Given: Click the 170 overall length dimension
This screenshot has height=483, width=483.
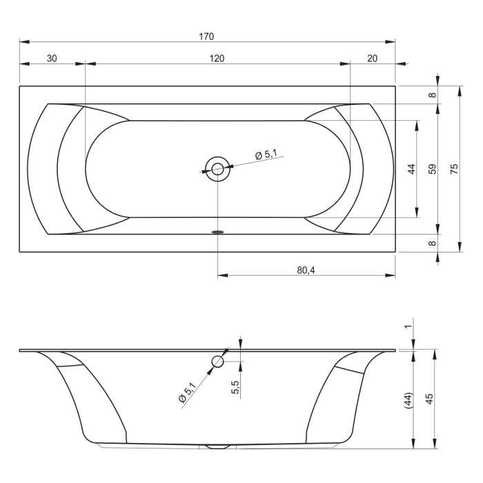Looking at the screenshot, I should (x=207, y=36).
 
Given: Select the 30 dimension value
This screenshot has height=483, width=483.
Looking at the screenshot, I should (x=52, y=59).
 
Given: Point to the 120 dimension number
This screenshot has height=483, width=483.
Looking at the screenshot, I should (x=217, y=59).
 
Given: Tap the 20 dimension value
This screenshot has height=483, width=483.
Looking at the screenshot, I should (x=373, y=59).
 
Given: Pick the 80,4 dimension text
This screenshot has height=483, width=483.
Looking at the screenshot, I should (x=306, y=270).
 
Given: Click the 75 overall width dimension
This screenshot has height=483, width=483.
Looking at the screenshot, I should (x=454, y=168).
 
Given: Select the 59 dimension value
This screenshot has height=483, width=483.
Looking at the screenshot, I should (x=433, y=168).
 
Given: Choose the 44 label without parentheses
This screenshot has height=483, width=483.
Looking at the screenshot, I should (x=412, y=168).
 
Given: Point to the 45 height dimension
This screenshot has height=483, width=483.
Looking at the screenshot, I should (x=430, y=400).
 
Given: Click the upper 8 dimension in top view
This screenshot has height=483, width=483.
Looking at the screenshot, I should (x=433, y=95).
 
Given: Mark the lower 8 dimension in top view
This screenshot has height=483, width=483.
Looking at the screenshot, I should (x=433, y=243).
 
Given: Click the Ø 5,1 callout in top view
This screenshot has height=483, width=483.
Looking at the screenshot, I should (x=266, y=155).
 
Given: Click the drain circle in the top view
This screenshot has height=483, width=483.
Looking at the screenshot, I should (x=217, y=168).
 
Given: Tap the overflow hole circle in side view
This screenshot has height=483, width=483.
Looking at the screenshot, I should (x=219, y=361).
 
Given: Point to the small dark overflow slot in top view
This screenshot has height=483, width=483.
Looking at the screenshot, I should (x=218, y=232).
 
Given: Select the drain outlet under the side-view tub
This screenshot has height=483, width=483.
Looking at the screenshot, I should (x=218, y=446).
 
